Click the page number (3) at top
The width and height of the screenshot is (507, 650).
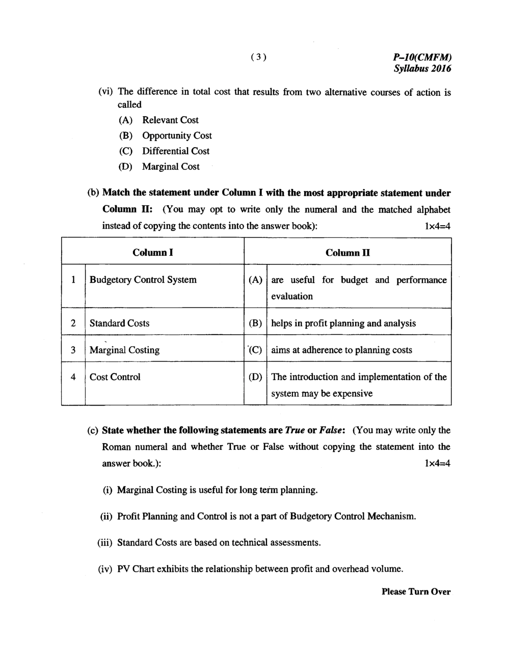coord(258,57)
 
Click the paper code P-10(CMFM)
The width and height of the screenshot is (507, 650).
coord(422,58)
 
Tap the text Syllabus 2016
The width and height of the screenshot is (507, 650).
coord(422,69)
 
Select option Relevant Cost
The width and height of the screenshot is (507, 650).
coord(170,120)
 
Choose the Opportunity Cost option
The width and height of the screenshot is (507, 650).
coord(177,136)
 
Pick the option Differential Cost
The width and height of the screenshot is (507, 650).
coord(176,151)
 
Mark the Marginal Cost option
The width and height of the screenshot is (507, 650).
coord(171,167)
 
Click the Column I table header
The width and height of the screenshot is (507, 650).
coord(153,253)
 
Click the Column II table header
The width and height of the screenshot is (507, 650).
coord(348,253)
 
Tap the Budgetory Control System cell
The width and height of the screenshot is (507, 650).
coord(143,280)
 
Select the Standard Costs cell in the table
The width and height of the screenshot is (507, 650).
coord(120,323)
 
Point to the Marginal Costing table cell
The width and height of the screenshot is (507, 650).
coord(124,350)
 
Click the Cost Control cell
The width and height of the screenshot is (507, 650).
coord(115,377)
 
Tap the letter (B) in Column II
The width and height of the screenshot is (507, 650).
coord(255,323)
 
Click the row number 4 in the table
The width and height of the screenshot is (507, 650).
coord(73,377)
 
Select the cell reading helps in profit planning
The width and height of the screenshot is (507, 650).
coord(343,323)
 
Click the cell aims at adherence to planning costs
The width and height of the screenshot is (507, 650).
coord(341,350)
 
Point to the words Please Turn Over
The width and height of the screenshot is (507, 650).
coord(416,591)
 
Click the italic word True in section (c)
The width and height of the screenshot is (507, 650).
coord(295,430)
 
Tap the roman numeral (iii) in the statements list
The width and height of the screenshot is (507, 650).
coord(104,543)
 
